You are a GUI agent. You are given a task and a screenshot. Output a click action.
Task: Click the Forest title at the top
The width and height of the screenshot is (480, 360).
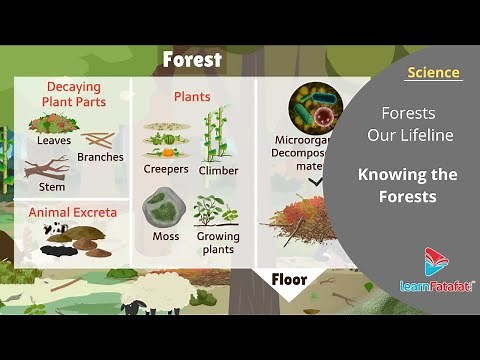(192, 60)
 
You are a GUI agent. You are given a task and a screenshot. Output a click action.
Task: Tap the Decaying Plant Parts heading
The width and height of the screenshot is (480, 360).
(73, 94)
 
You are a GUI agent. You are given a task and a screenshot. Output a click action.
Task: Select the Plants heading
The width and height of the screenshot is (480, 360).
(192, 97)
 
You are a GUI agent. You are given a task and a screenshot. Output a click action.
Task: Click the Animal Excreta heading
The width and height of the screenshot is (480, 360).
(72, 212)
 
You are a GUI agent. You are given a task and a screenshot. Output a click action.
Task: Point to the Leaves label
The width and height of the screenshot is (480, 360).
(54, 141)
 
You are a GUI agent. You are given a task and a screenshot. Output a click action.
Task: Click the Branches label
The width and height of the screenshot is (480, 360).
(100, 157)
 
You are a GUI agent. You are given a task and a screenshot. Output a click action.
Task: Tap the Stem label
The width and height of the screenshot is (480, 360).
(52, 187)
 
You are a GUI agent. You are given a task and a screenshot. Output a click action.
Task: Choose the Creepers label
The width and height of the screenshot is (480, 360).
(166, 169)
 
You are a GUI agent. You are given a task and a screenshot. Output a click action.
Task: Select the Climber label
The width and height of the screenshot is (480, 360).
(218, 170)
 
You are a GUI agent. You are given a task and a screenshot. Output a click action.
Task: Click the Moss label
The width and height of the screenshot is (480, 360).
(165, 236)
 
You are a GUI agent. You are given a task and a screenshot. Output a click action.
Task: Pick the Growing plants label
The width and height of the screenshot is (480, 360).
(218, 242)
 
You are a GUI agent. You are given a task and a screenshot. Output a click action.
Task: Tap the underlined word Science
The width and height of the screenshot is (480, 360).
(433, 73)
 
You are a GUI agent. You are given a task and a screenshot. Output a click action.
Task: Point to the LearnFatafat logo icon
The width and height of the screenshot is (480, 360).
(436, 261)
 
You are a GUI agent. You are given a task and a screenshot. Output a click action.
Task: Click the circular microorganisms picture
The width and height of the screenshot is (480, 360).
(315, 108)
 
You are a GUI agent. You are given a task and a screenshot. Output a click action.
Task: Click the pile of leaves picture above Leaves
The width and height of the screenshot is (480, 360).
(53, 124)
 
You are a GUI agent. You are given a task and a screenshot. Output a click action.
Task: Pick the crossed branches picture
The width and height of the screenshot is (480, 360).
(98, 139)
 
